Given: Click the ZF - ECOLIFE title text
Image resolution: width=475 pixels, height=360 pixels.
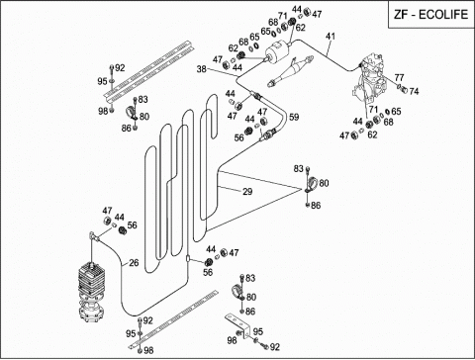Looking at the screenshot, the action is pyautogui.click(x=430, y=15).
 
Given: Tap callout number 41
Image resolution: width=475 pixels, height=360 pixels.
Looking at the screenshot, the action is pyautogui.click(x=331, y=36).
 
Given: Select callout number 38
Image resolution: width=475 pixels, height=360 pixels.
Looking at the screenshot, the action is pyautogui.click(x=202, y=69).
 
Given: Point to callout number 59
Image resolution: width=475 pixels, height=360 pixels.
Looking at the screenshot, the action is pyautogui.click(x=294, y=117).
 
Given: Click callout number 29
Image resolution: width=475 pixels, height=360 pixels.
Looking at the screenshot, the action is pyautogui.click(x=247, y=191).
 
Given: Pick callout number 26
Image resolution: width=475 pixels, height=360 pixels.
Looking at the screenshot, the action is pyautogui.click(x=134, y=263).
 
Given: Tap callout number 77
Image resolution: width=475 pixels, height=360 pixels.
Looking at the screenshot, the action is pyautogui.click(x=399, y=78).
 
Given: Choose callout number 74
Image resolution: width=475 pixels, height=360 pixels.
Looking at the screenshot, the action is pyautogui.click(x=414, y=91).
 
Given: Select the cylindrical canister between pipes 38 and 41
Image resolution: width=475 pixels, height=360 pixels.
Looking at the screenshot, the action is pyautogui.click(x=278, y=52).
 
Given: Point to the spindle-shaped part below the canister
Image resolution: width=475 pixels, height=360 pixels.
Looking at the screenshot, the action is pyautogui.click(x=290, y=71).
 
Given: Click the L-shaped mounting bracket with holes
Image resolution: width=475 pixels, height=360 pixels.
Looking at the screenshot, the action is pyautogui.click(x=238, y=325).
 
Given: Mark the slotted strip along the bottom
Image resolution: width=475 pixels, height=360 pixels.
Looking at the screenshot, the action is pyautogui.click(x=173, y=319).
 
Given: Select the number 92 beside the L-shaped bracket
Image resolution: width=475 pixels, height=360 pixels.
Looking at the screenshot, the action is pyautogui.click(x=274, y=347).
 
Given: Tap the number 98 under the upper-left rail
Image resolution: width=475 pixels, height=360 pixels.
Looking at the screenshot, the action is pyautogui.click(x=103, y=111).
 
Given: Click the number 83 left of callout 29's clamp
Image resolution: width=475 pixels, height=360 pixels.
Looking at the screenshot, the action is pyautogui.click(x=299, y=169).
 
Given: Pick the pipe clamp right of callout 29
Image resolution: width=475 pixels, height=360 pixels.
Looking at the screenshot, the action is pyautogui.click(x=311, y=185).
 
